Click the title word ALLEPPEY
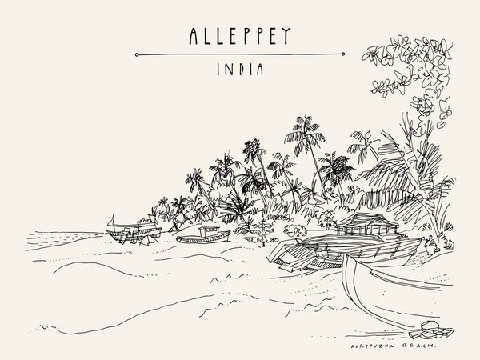240,35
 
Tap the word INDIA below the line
240,71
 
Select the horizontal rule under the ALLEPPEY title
240,54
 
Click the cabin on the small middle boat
212,230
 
